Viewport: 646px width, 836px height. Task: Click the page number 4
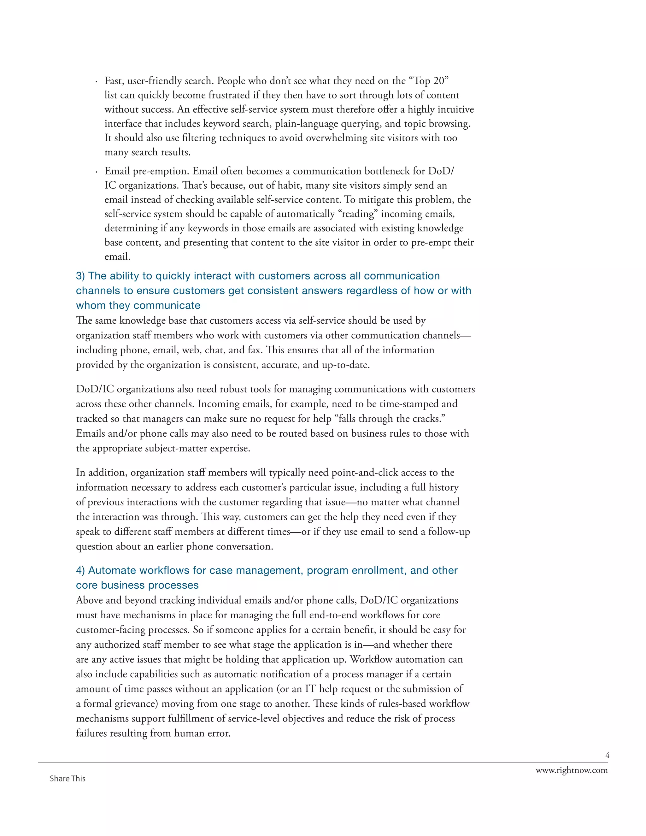pyautogui.click(x=607, y=755)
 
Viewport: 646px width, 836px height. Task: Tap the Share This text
pyautogui.click(x=68, y=779)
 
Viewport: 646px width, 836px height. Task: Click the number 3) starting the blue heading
pyautogui.click(x=80, y=276)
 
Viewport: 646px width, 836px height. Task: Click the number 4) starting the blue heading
pyautogui.click(x=80, y=570)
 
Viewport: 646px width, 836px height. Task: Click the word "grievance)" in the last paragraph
pyautogui.click(x=136, y=704)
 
